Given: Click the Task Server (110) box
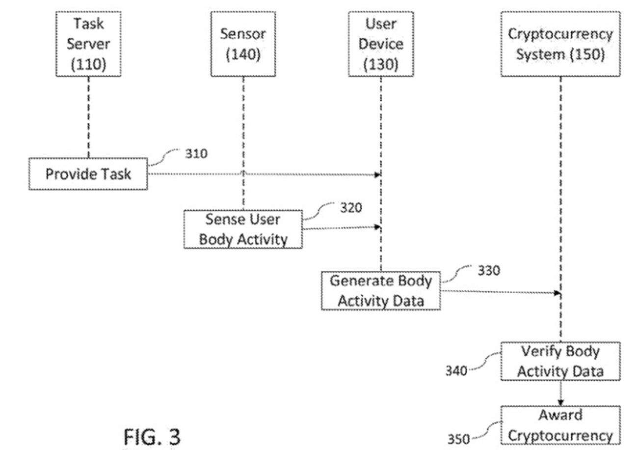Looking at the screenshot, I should [x=88, y=44].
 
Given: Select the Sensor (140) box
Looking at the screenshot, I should [x=243, y=44].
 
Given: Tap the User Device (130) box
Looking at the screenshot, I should [x=381, y=44].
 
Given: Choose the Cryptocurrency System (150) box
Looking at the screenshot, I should [x=560, y=44].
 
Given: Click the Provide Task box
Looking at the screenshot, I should [x=88, y=174].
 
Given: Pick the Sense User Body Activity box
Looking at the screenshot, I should [x=243, y=229].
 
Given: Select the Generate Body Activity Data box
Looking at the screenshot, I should [x=381, y=290].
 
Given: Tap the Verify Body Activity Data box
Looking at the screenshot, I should [x=560, y=362].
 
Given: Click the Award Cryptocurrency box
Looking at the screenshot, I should [x=560, y=425].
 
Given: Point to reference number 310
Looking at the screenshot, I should [x=196, y=154].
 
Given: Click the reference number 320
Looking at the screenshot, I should [x=351, y=208].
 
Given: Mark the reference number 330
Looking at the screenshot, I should [x=489, y=270].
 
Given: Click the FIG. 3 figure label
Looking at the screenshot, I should [x=152, y=436].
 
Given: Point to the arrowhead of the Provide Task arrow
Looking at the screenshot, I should [x=378, y=174].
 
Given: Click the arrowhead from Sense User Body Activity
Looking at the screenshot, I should [x=378, y=227].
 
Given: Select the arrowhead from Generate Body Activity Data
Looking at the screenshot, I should [x=557, y=293].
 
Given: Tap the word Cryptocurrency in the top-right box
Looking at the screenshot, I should [x=560, y=34].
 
